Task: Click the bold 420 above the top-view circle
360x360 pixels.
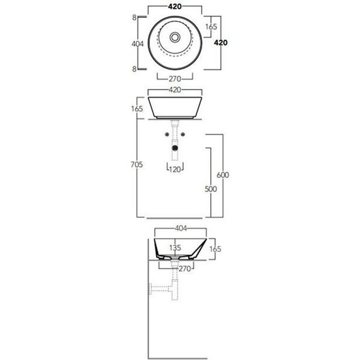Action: tap(175, 7)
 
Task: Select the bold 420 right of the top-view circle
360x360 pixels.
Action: tap(220, 42)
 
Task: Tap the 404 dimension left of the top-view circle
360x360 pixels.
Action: tap(138, 44)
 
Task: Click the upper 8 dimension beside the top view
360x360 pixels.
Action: tap(135, 18)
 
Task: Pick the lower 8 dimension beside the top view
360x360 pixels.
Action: tap(135, 69)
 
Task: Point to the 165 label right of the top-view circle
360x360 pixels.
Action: tap(211, 27)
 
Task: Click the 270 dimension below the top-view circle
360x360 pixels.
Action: tap(175, 79)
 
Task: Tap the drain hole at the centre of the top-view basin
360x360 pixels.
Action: tap(175, 37)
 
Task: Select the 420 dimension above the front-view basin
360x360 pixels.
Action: tap(175, 90)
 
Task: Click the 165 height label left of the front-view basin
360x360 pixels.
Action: tap(137, 109)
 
